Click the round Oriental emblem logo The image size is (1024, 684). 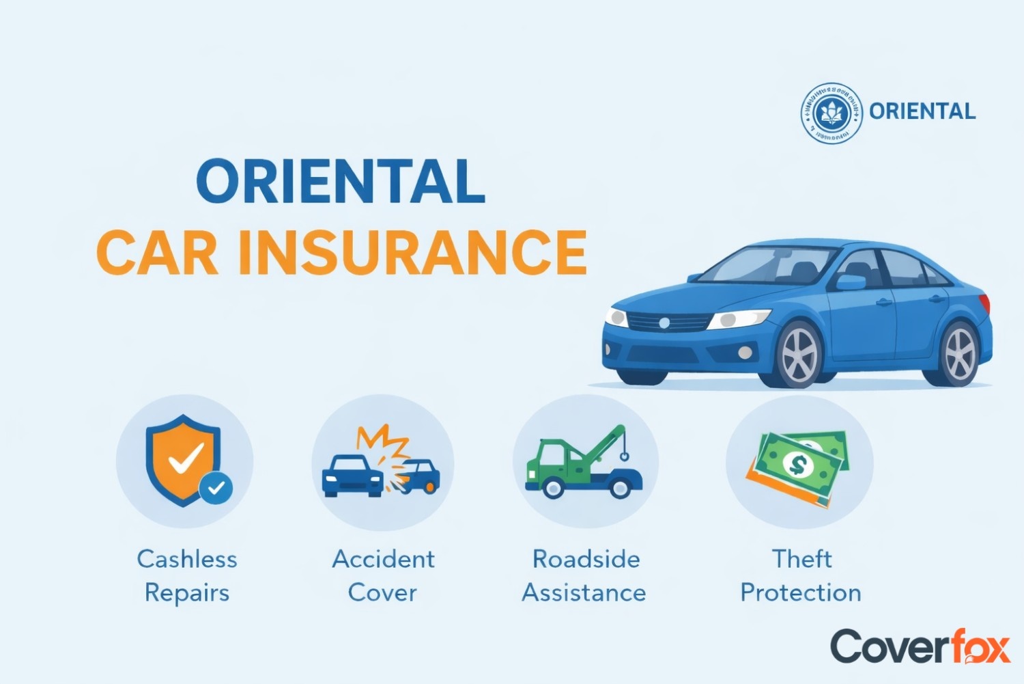[x=831, y=113]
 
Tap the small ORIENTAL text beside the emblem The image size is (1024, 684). [x=922, y=111]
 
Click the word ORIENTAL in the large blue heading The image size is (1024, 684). [x=341, y=182]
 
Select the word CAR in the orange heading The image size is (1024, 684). [x=158, y=253]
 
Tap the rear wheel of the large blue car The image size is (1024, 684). [x=960, y=353]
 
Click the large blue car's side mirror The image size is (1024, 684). [x=851, y=282]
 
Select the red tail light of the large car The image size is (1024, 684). [x=985, y=303]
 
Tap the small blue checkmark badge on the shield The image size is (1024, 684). [x=216, y=488]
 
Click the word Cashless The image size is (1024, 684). [x=187, y=559]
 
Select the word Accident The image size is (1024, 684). [x=383, y=559]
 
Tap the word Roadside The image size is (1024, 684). [x=586, y=559]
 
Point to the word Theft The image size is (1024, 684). [x=801, y=559]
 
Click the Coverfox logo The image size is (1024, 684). [x=920, y=646]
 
